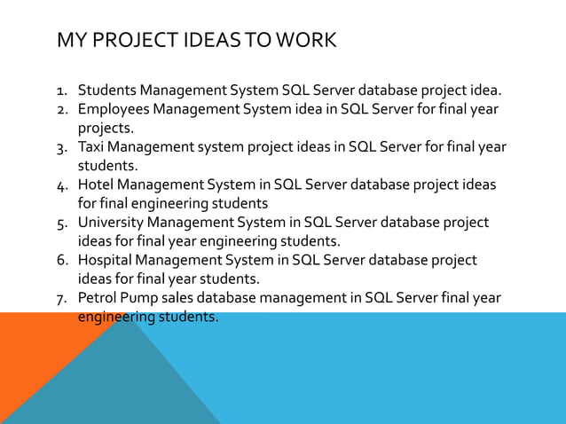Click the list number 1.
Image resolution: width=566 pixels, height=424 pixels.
tap(62, 91)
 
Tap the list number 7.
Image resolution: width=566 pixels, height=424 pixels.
tap(62, 299)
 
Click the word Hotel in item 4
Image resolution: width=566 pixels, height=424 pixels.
tap(96, 185)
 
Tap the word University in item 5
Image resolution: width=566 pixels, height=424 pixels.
tap(111, 223)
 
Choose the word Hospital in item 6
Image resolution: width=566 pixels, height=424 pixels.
tap(106, 260)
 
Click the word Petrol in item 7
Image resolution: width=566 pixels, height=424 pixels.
tap(98, 298)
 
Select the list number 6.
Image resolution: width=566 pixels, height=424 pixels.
tap(62, 261)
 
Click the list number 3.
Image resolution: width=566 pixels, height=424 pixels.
tap(62, 148)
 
